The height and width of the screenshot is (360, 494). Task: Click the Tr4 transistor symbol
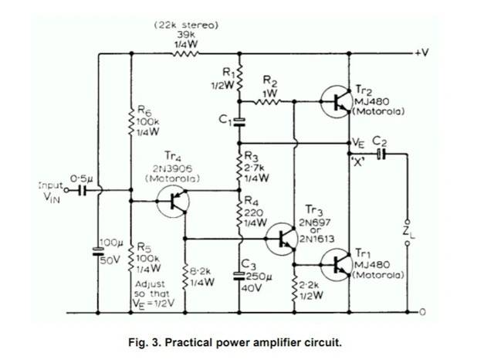[x=173, y=202]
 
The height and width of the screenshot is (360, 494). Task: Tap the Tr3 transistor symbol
[x=282, y=239]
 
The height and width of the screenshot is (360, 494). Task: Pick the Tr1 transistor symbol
[x=337, y=265]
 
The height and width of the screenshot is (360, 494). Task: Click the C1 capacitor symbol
[x=239, y=122]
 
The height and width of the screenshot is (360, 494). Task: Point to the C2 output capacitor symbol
[x=381, y=155]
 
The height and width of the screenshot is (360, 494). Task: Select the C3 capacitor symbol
[x=239, y=276]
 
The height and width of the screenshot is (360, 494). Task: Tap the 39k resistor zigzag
[x=185, y=54]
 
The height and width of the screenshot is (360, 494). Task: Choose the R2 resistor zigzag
[x=267, y=101]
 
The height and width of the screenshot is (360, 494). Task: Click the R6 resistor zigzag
[x=131, y=121]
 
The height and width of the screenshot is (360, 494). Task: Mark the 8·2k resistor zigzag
[x=185, y=277]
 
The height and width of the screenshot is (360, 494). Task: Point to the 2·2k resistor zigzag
[x=294, y=290]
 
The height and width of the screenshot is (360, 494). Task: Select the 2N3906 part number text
[x=173, y=168]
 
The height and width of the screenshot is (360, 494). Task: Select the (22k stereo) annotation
[x=186, y=25]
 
